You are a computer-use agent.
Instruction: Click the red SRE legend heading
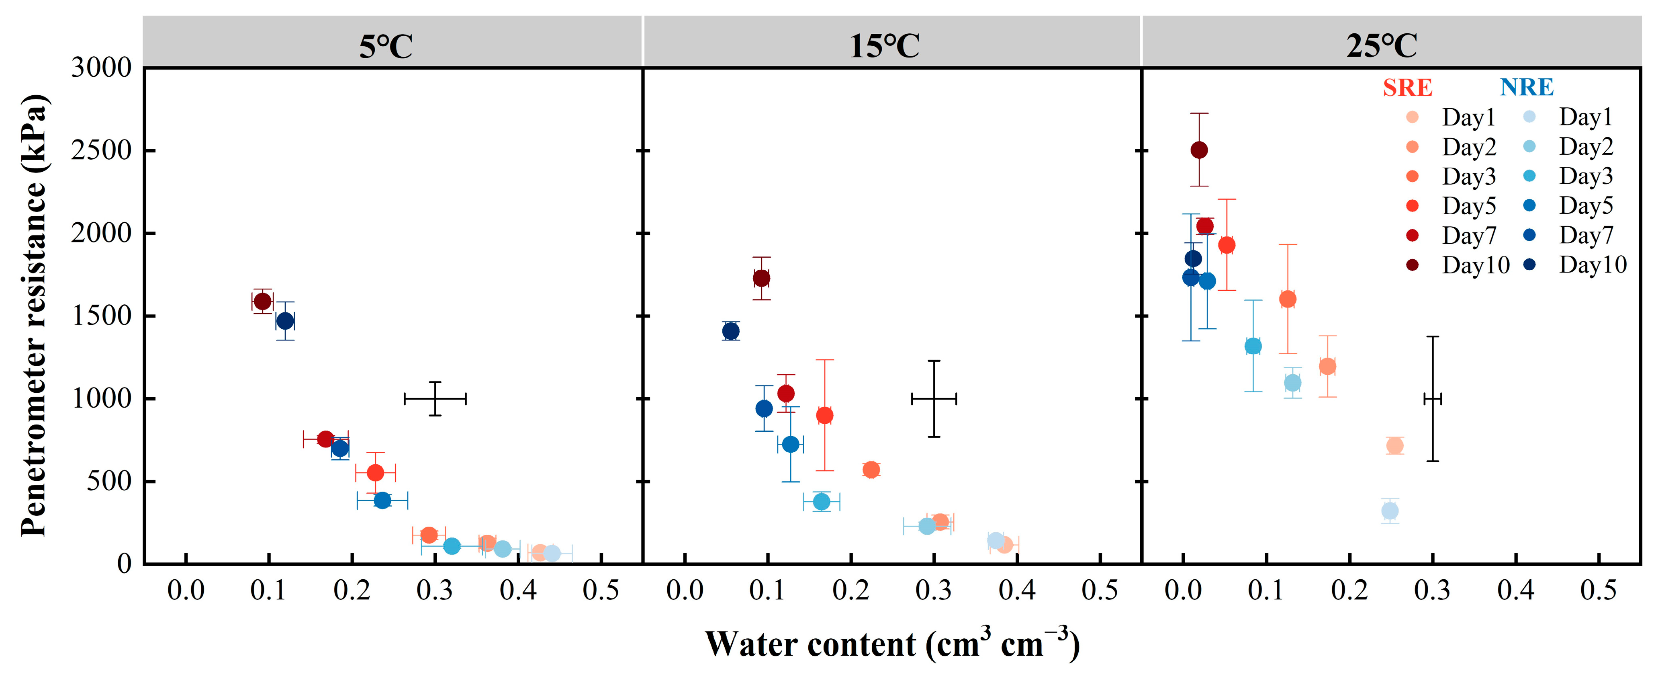click(x=1407, y=87)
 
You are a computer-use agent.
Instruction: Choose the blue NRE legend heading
click(x=1527, y=87)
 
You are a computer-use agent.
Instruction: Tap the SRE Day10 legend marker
click(x=1412, y=265)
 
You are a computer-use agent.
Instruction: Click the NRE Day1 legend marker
click(x=1529, y=117)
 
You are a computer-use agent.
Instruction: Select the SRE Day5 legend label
click(x=1469, y=206)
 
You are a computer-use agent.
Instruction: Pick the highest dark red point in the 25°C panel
click(x=1199, y=150)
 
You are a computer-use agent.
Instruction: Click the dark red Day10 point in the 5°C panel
click(x=262, y=301)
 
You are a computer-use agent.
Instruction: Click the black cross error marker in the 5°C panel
click(x=435, y=398)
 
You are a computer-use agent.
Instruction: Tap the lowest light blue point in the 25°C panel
click(x=1390, y=511)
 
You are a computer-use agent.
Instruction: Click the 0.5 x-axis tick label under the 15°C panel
click(x=1099, y=590)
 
